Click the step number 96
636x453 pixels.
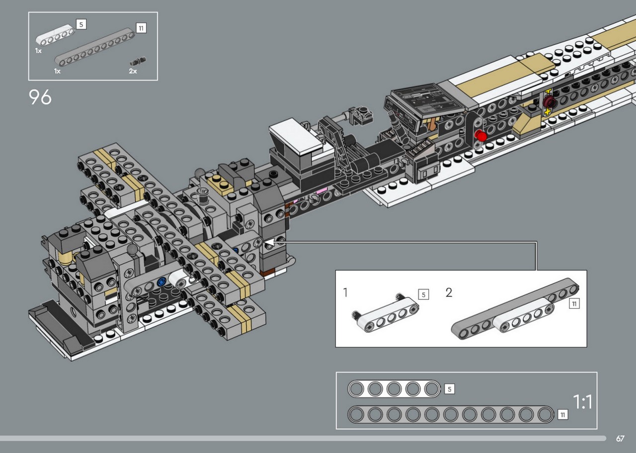click(x=40, y=97)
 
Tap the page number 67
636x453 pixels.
click(x=620, y=439)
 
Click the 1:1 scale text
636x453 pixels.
click(x=583, y=402)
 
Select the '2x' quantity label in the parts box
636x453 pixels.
click(x=133, y=71)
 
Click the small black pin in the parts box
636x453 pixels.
click(x=138, y=61)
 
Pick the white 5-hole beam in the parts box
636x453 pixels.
click(x=55, y=35)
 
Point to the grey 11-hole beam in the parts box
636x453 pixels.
click(x=94, y=47)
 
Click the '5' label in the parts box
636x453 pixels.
click(x=81, y=24)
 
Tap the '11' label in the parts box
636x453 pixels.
click(x=141, y=28)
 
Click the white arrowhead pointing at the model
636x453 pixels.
click(x=270, y=242)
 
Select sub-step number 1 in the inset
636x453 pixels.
click(x=345, y=292)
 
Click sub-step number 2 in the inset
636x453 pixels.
click(x=449, y=292)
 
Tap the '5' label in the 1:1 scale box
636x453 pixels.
click(x=450, y=389)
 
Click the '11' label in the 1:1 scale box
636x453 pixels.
click(x=563, y=415)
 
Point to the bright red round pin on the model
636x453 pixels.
click(x=481, y=136)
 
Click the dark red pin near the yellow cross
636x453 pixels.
click(x=549, y=101)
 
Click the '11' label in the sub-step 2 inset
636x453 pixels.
click(x=574, y=304)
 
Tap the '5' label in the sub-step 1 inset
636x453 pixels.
click(x=424, y=294)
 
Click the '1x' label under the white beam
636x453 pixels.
click(x=38, y=51)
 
